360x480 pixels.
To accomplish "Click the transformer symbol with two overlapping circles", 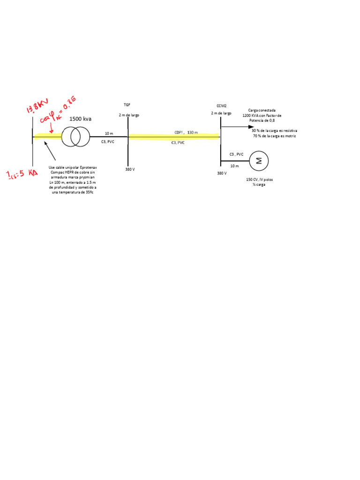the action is [75, 136].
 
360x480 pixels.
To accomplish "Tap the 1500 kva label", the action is [80, 119].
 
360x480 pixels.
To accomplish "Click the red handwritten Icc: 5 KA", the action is [22, 175].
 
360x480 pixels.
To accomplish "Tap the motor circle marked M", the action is [258, 161].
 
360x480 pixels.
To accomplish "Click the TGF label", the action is [127, 105].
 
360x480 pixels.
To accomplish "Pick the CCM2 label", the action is [222, 106].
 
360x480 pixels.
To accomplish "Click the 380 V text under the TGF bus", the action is [130, 169].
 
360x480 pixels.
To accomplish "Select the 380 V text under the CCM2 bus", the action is [222, 173].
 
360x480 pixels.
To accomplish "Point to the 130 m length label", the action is [192, 133].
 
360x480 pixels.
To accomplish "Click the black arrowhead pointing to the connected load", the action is [251, 127].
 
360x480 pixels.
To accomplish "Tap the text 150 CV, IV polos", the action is [258, 179].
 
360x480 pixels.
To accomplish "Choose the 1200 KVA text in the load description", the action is [250, 115].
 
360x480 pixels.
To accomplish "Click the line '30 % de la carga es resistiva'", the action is [275, 131].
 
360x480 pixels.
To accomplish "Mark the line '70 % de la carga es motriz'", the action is [275, 136].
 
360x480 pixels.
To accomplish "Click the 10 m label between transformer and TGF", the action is [109, 134].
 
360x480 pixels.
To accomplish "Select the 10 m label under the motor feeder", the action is [234, 166].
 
